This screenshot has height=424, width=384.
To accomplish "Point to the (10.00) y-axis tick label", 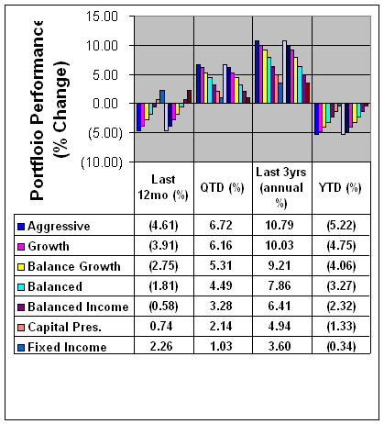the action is click(x=102, y=162).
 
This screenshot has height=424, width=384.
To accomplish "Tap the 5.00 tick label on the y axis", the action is click(x=105, y=75).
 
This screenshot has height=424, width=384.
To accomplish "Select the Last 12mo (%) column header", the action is click(x=163, y=187).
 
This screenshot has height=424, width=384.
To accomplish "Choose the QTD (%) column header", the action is click(x=222, y=187).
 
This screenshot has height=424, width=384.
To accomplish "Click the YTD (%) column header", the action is click(x=340, y=187).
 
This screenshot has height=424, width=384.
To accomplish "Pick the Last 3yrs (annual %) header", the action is click(x=281, y=187).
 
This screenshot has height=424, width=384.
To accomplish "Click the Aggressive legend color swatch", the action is click(x=21, y=227).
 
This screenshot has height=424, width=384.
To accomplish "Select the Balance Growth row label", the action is click(x=74, y=266).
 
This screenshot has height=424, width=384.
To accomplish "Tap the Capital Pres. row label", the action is click(x=64, y=327).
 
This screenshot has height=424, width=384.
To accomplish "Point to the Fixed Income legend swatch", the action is click(x=21, y=348).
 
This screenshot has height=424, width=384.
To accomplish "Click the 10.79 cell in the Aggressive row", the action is click(x=280, y=226).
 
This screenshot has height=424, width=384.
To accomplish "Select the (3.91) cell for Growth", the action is click(x=163, y=246).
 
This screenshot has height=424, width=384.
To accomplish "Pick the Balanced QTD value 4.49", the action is click(x=221, y=285).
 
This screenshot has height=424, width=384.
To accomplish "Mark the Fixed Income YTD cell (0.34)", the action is click(x=341, y=346).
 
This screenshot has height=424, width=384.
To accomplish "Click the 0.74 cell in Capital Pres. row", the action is click(x=161, y=326).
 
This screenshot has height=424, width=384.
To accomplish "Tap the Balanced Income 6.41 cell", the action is click(x=280, y=306).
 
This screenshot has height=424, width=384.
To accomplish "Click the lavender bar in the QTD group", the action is click(x=225, y=84).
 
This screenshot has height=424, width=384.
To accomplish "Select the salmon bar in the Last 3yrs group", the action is click(x=277, y=89).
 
